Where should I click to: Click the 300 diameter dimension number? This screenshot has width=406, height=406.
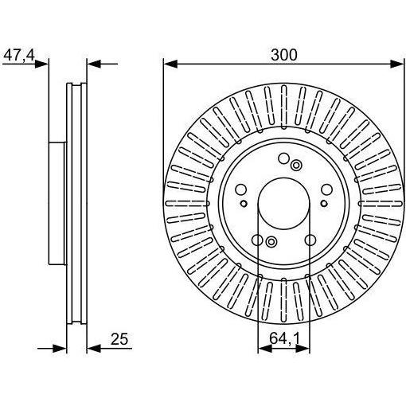pos(284,55)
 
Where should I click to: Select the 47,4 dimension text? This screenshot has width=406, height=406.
pos(19,56)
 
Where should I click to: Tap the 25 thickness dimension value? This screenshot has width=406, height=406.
pos(119,339)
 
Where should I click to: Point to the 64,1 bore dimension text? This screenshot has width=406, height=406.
pos(284,338)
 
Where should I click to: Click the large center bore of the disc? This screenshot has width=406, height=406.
pos(283,204)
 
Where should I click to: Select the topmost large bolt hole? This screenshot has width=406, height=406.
pos(283,158)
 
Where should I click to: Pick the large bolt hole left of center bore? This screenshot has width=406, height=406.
pos(241,189)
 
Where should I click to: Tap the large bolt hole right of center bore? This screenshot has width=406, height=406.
pos(326,189)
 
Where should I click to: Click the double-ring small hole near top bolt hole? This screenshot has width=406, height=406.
pos(295,166)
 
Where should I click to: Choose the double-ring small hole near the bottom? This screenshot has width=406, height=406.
pos(271,242)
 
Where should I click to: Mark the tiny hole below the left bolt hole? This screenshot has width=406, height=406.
pos(244,204)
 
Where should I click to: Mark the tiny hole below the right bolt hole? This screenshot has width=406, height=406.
pos(324,204)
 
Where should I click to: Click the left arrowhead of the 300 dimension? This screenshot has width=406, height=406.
pos(170,64)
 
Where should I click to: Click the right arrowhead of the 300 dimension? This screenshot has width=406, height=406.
pos(397,64)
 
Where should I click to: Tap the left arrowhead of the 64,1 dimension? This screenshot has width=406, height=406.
pos(264,349)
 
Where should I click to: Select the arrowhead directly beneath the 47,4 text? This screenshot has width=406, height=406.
pos(41,64)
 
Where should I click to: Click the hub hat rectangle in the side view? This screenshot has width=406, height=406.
pos(57,203)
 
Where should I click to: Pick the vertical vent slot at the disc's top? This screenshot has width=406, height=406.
pos(284,107)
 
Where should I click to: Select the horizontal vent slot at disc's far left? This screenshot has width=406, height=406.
pos(188,204)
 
